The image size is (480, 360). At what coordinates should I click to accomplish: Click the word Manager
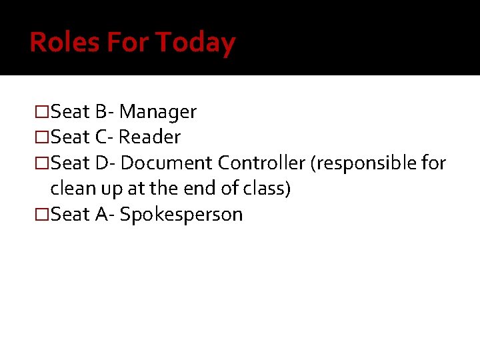158,111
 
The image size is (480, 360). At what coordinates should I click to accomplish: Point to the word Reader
150,137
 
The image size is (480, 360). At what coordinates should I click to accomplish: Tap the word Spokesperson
181,215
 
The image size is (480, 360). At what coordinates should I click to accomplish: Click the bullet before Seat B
42,111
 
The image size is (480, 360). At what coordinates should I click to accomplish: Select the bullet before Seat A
42,215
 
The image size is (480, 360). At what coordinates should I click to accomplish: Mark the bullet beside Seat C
42,137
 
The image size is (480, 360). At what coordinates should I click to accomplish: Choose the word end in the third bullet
201,189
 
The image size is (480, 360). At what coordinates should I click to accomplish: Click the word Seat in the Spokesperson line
71,215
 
